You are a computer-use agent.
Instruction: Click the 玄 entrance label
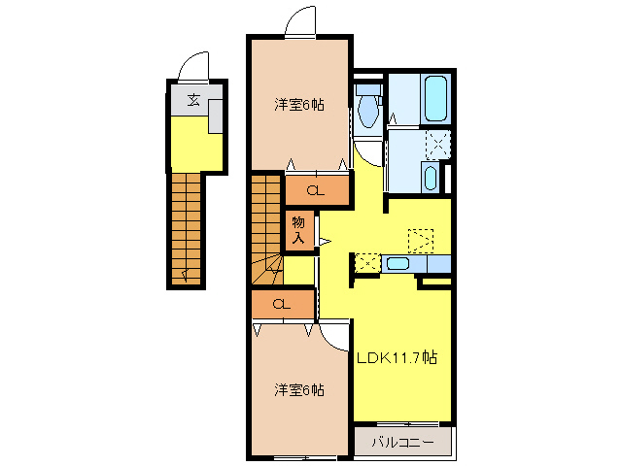tap(192, 99)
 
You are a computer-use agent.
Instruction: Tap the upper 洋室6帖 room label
tap(299, 105)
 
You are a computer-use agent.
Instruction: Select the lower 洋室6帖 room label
tap(299, 389)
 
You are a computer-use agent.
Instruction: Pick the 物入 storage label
tap(299, 229)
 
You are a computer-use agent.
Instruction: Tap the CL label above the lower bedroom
tap(282, 305)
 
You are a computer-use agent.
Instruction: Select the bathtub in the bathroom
tap(433, 97)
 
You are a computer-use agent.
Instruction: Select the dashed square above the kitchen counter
tap(420, 239)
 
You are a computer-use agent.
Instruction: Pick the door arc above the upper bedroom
tap(300, 19)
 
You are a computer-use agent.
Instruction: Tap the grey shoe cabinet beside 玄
tap(217, 115)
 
